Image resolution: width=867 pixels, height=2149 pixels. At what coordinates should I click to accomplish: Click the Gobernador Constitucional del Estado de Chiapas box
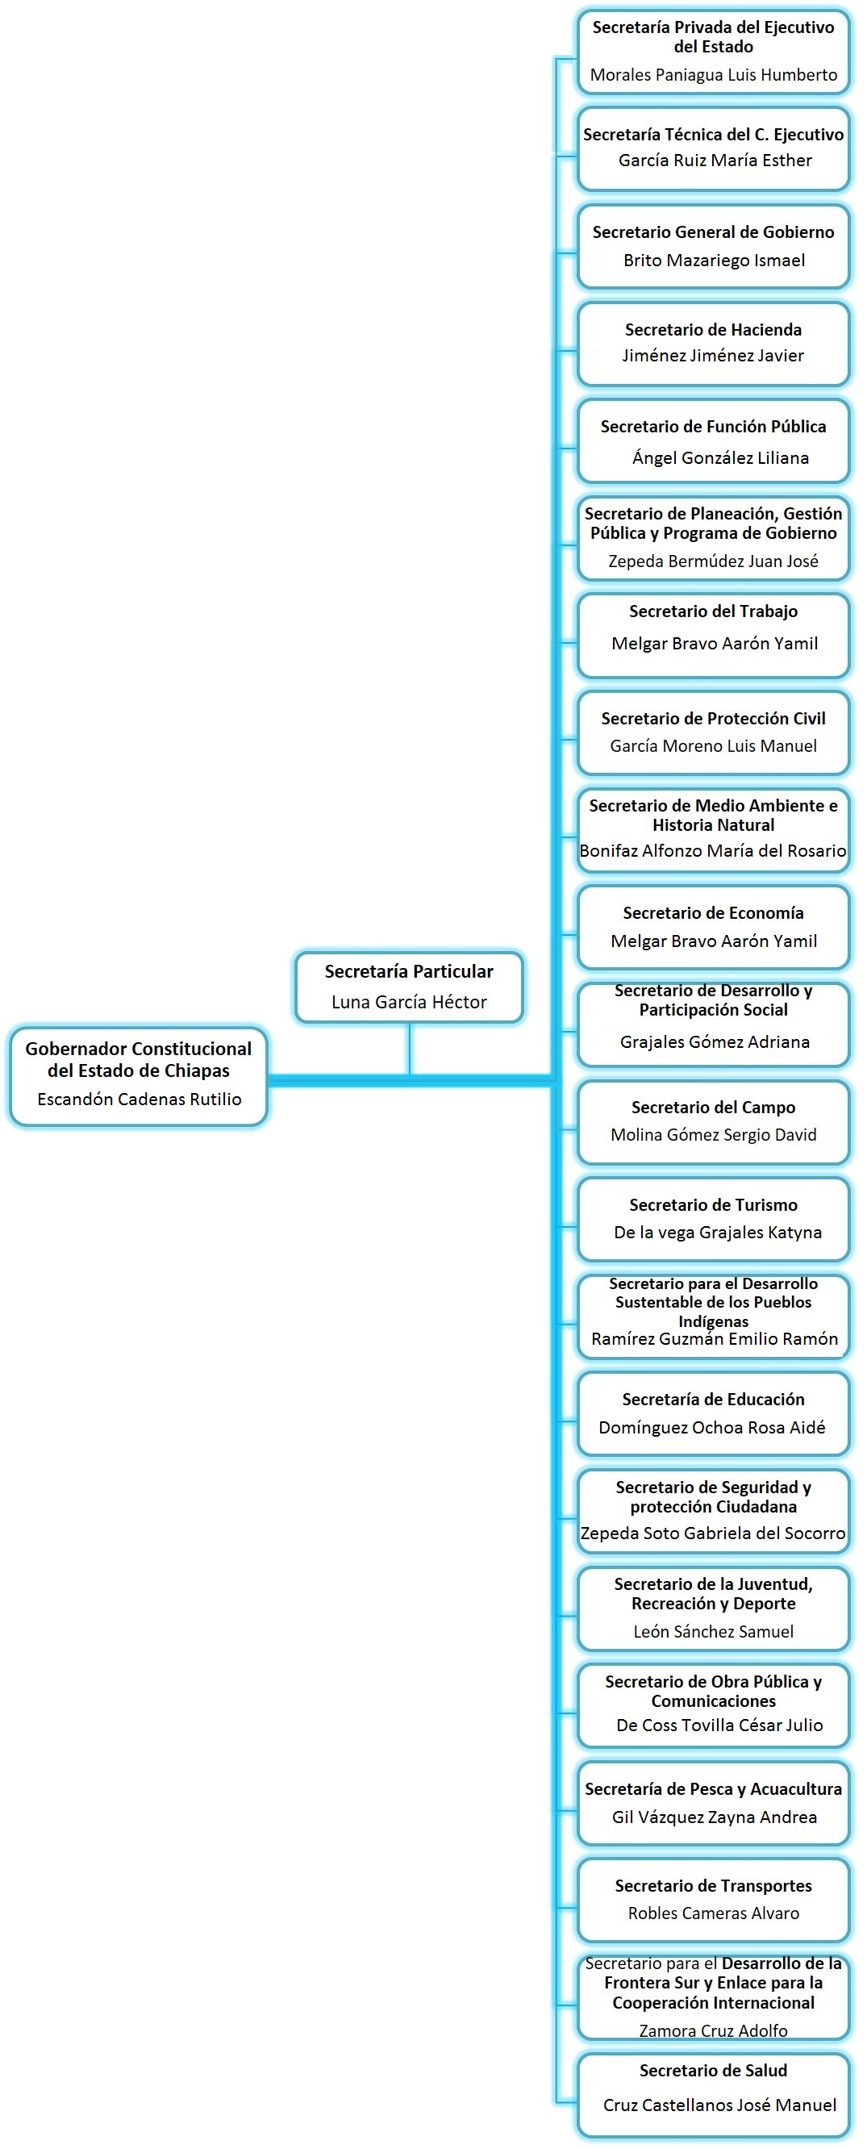tap(139, 1075)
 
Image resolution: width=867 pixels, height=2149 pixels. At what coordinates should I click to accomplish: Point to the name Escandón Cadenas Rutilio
tap(140, 1099)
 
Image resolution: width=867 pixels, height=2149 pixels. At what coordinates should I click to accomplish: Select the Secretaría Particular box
tap(409, 987)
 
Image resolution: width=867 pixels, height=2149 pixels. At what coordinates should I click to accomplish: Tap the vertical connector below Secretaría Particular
tap(410, 1049)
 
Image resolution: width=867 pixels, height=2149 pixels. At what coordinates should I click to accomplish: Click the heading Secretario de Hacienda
tap(713, 329)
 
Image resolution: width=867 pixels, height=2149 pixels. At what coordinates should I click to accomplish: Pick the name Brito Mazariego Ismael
tap(714, 261)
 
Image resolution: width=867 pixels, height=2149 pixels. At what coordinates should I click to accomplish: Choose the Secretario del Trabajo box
tap(714, 635)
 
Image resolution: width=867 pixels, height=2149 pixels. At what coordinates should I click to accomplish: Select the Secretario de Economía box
tap(714, 927)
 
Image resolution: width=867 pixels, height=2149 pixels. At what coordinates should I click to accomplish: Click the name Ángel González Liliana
tap(720, 458)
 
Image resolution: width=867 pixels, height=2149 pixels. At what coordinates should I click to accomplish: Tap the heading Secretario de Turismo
tap(713, 1204)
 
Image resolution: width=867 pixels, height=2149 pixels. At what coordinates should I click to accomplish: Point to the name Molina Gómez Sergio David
tap(714, 1134)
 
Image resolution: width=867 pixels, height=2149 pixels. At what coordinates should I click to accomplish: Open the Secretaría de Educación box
tap(714, 1413)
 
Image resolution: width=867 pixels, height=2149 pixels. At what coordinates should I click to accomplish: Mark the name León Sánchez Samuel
tap(714, 1631)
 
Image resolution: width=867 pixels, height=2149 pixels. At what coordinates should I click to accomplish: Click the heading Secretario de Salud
tap(713, 2070)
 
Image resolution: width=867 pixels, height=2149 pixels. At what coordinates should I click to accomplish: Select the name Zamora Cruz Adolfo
tap(714, 2030)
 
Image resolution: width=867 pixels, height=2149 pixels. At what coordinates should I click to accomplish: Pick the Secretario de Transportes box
tap(714, 1900)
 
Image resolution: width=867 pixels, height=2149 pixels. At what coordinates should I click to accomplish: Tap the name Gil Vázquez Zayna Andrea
tap(715, 1817)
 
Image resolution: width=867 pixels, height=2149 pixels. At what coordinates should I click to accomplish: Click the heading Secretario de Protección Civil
tap(713, 718)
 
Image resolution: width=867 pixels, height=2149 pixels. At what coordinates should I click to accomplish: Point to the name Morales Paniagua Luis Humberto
tap(714, 75)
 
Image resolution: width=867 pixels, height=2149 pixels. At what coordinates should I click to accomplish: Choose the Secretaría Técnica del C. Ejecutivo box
tap(714, 148)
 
